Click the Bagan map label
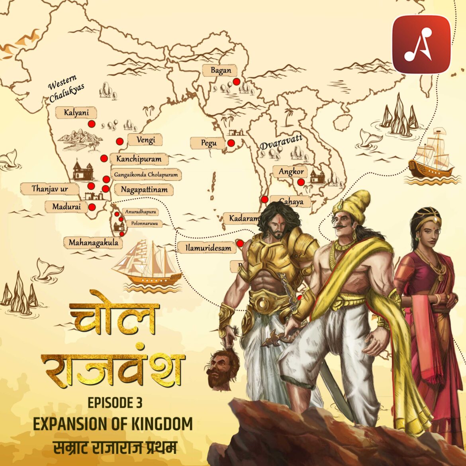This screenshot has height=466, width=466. [x=221, y=70]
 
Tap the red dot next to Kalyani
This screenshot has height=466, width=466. [x=92, y=124]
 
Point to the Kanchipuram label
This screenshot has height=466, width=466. [x=139, y=159]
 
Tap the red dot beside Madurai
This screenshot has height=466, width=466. [x=92, y=207]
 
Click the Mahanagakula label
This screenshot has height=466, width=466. [x=93, y=242]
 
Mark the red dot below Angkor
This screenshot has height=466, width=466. [x=301, y=182]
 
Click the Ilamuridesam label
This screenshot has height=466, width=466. [x=208, y=248]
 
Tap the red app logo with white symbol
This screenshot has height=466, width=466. [x=421, y=44]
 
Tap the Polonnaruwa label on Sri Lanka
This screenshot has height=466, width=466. [x=143, y=223]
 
